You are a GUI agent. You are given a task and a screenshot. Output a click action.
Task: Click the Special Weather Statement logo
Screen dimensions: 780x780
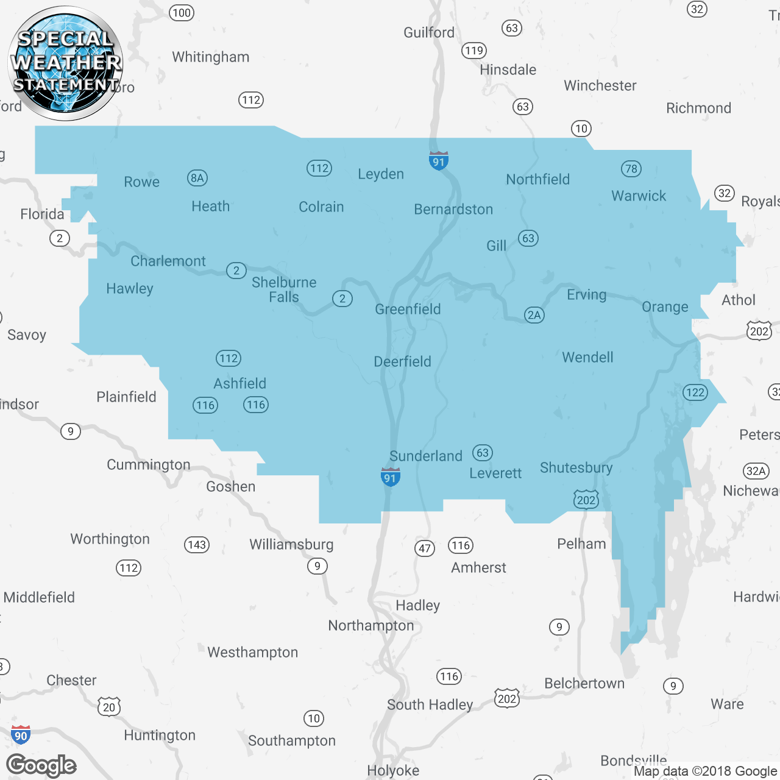pos(65,63)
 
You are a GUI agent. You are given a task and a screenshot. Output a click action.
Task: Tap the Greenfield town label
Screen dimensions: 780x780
pos(408,309)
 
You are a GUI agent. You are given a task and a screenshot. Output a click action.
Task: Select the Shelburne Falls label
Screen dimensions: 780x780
pos(284,289)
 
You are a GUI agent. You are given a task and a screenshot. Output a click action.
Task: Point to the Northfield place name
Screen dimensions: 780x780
pos(537,179)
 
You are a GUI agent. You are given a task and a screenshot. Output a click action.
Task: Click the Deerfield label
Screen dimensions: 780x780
pos(402,361)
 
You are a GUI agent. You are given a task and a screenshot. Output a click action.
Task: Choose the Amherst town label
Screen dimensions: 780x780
pos(478,567)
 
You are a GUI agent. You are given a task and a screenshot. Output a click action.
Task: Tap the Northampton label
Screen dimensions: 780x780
pos(370,625)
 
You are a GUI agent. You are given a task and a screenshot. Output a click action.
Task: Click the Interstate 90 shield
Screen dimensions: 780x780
pos(21,734)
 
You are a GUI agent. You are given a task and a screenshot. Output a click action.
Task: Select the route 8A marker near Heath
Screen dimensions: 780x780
pos(197,178)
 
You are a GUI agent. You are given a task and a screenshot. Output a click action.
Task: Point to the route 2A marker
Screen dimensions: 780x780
pos(534,315)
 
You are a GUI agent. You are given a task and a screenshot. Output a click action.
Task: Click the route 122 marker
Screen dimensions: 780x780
pos(695,392)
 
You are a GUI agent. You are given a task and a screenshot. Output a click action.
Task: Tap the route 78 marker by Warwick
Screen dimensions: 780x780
pos(631,169)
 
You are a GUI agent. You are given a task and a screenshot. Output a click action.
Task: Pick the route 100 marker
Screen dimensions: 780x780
pos(182,13)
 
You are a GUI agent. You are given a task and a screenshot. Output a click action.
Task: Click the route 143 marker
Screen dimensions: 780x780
pos(197,545)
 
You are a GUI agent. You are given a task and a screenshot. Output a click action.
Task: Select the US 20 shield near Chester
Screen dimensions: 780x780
pos(109,707)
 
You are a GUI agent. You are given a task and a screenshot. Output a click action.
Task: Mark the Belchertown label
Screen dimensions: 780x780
pos(584,683)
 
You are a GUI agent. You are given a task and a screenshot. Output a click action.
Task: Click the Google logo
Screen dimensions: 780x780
pos(41,765)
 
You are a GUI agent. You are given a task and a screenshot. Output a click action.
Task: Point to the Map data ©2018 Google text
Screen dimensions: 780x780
pos(705,771)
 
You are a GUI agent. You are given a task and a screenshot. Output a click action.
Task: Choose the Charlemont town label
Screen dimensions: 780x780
pos(168,261)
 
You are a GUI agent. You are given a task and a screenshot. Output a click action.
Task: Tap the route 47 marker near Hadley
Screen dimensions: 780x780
pos(425,548)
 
